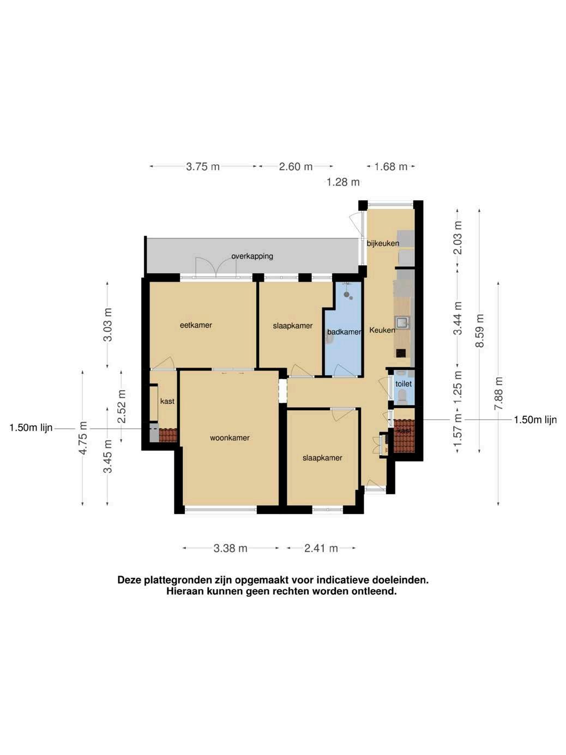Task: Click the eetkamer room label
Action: [196, 325]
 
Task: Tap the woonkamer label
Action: [230, 438]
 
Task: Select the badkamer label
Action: [344, 332]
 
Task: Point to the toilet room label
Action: [404, 384]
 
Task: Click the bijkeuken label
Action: [383, 243]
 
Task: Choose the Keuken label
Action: [382, 330]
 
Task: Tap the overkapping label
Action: [252, 256]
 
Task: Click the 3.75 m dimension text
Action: [203, 167]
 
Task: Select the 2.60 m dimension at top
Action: [296, 167]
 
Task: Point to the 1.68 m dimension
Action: [391, 167]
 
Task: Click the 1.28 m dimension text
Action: [343, 182]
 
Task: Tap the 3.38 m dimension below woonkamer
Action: [230, 548]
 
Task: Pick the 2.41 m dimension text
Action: [321, 548]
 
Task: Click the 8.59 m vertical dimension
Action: [480, 331]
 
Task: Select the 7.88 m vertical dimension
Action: [498, 393]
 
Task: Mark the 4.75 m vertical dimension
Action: [83, 438]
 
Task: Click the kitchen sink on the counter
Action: [402, 322]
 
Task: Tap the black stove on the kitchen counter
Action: [401, 353]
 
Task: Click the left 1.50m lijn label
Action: [31, 428]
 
